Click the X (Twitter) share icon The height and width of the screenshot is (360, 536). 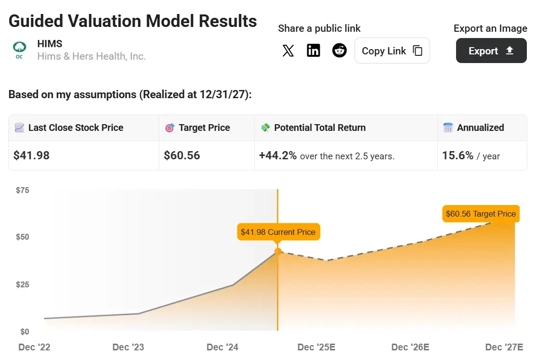(x=288, y=51)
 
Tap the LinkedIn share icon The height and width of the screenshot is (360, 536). (x=314, y=51)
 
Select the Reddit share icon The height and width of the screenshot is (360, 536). (x=340, y=51)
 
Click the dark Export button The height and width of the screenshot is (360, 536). (x=491, y=51)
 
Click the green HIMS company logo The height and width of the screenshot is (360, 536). (x=19, y=50)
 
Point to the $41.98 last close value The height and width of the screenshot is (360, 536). (x=32, y=155)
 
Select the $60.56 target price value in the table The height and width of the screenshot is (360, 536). (x=182, y=155)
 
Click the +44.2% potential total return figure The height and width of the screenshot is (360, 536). (x=278, y=155)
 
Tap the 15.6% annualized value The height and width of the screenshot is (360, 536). (x=458, y=155)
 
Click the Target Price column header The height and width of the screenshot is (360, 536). (x=204, y=128)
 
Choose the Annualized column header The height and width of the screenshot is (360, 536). (x=480, y=128)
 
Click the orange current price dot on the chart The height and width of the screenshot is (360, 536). (x=278, y=251)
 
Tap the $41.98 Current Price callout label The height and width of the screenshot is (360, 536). (x=278, y=232)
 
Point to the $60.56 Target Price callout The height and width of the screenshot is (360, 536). (x=481, y=214)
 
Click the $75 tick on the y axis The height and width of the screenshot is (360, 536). (x=23, y=190)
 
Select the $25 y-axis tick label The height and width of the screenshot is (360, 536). (x=23, y=284)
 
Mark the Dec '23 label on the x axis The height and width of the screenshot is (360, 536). (x=128, y=347)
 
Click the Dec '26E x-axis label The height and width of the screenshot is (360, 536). (x=410, y=347)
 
